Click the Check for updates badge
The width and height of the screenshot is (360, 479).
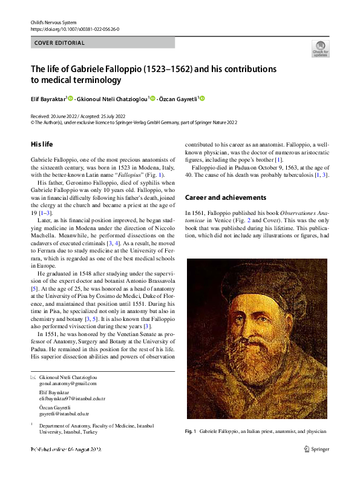(320, 48)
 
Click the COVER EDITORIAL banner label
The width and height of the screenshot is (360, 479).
(59, 43)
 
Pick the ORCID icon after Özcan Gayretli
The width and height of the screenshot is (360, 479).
(202, 99)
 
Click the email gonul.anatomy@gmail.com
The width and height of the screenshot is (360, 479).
(68, 384)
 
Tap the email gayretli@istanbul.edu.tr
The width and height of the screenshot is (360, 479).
(64, 414)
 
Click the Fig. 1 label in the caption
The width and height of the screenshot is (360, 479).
(191, 431)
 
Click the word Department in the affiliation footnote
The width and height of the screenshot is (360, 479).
(53, 426)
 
